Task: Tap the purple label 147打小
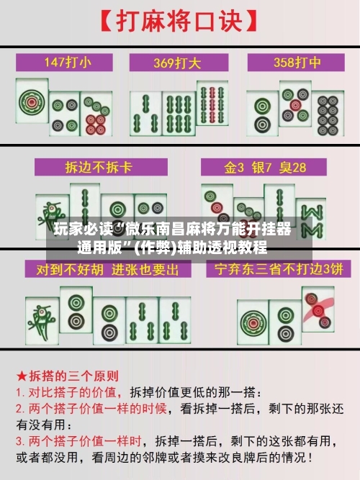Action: coord(67,61)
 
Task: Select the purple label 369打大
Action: coord(180,61)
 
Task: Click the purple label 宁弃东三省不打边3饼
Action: coord(274,270)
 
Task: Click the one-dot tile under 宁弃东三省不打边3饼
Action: coord(254,317)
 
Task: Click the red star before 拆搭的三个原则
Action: coord(22,376)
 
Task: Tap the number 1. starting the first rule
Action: coord(21,393)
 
